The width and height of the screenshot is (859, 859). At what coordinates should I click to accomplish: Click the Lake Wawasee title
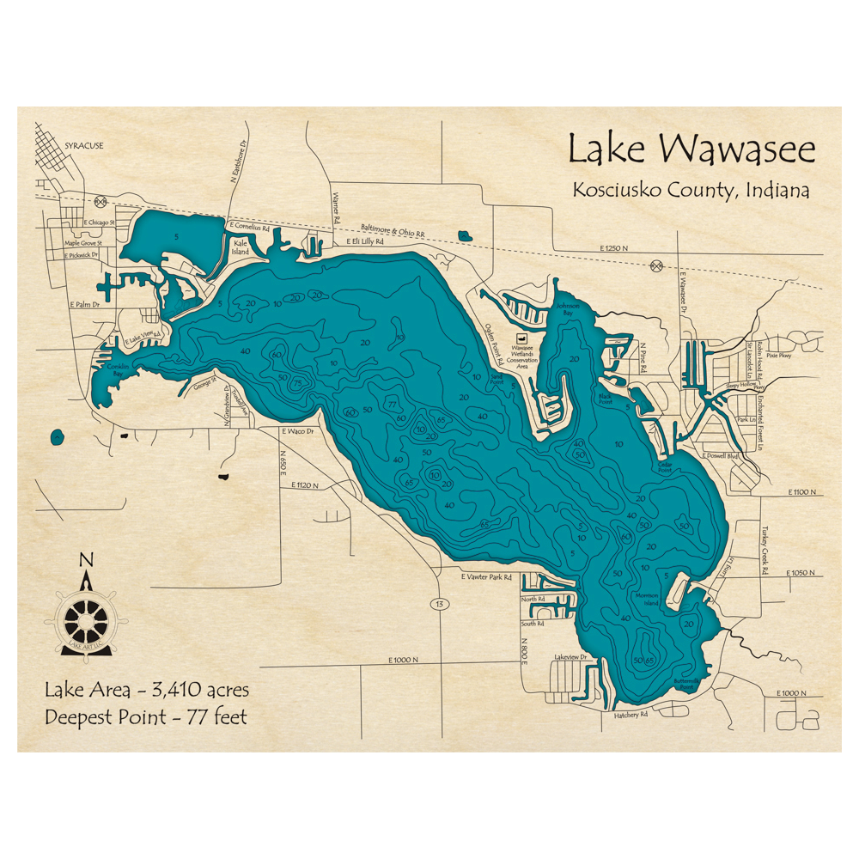click(x=691, y=149)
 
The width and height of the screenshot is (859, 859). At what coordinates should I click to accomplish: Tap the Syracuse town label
click(x=83, y=146)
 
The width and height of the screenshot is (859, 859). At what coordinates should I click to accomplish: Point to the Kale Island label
click(x=241, y=248)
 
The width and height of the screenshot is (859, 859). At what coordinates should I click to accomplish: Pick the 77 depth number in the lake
click(x=392, y=403)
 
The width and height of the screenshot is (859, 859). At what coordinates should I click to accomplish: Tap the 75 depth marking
click(x=296, y=383)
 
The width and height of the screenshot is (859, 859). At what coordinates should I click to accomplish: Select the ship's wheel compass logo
click(x=86, y=618)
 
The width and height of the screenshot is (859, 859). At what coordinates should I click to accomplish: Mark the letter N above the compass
click(x=85, y=560)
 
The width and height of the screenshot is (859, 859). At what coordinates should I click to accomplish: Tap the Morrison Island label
click(x=646, y=599)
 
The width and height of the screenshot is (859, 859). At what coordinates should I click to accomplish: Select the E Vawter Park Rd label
click(x=486, y=577)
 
